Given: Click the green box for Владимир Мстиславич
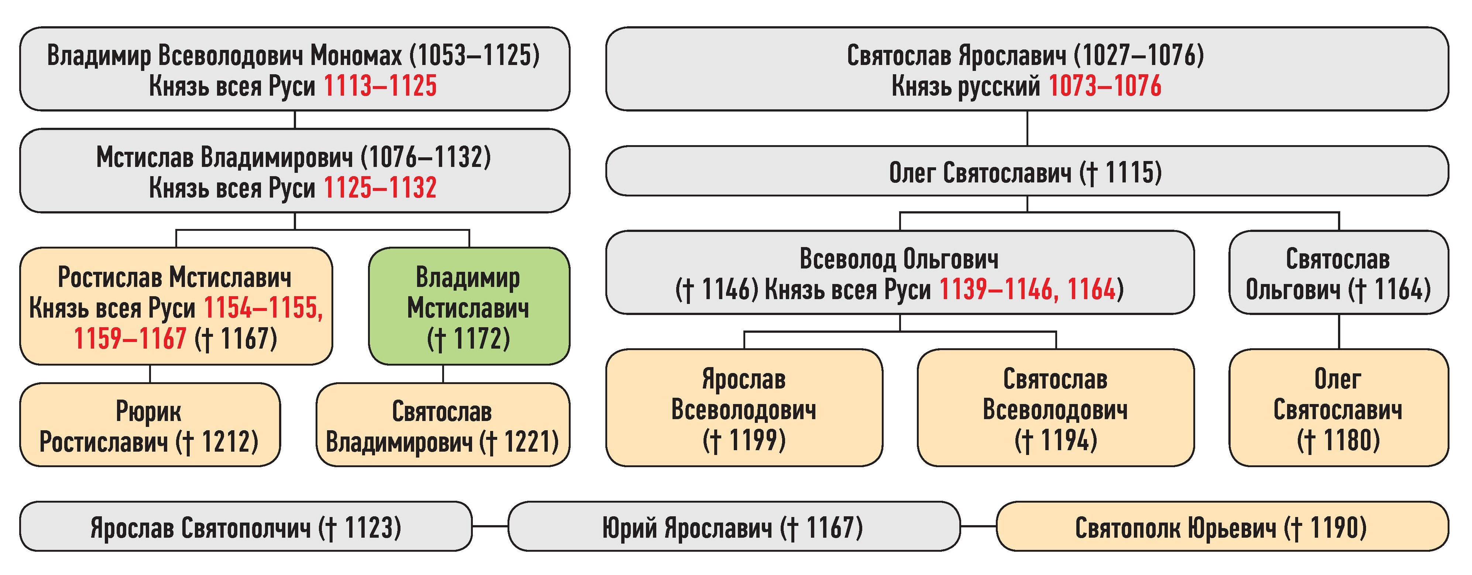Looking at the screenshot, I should (x=468, y=307).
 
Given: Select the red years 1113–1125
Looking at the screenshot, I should (x=380, y=87).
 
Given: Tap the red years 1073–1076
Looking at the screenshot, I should (x=1105, y=87).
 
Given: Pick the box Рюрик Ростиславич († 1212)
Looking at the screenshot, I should (x=150, y=425).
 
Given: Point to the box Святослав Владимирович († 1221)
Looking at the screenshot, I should (x=443, y=425).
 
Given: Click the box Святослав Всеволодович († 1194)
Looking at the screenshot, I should (x=1055, y=408).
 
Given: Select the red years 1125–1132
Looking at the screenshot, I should (x=380, y=188).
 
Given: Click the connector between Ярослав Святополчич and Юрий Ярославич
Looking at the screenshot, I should (x=490, y=526).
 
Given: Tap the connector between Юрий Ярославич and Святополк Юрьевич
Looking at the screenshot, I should (x=978, y=526).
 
